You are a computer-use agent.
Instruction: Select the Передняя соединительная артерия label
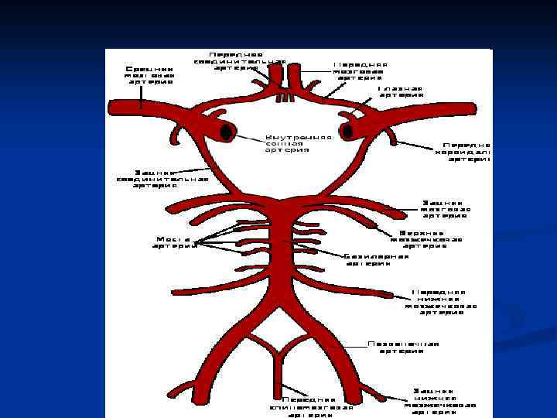[x=240, y=61]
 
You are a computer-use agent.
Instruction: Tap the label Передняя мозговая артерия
[x=361, y=70]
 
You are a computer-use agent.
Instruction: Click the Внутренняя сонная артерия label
[x=299, y=143]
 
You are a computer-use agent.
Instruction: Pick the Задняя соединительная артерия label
[x=162, y=179]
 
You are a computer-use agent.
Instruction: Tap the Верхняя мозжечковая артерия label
[x=431, y=239]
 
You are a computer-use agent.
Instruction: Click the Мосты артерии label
[x=173, y=242]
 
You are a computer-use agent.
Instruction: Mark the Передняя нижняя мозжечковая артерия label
[x=439, y=297]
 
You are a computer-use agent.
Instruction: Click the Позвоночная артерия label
[x=403, y=348]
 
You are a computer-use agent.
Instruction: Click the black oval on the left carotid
[x=226, y=132]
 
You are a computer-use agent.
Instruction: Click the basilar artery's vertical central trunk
[x=278, y=248]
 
